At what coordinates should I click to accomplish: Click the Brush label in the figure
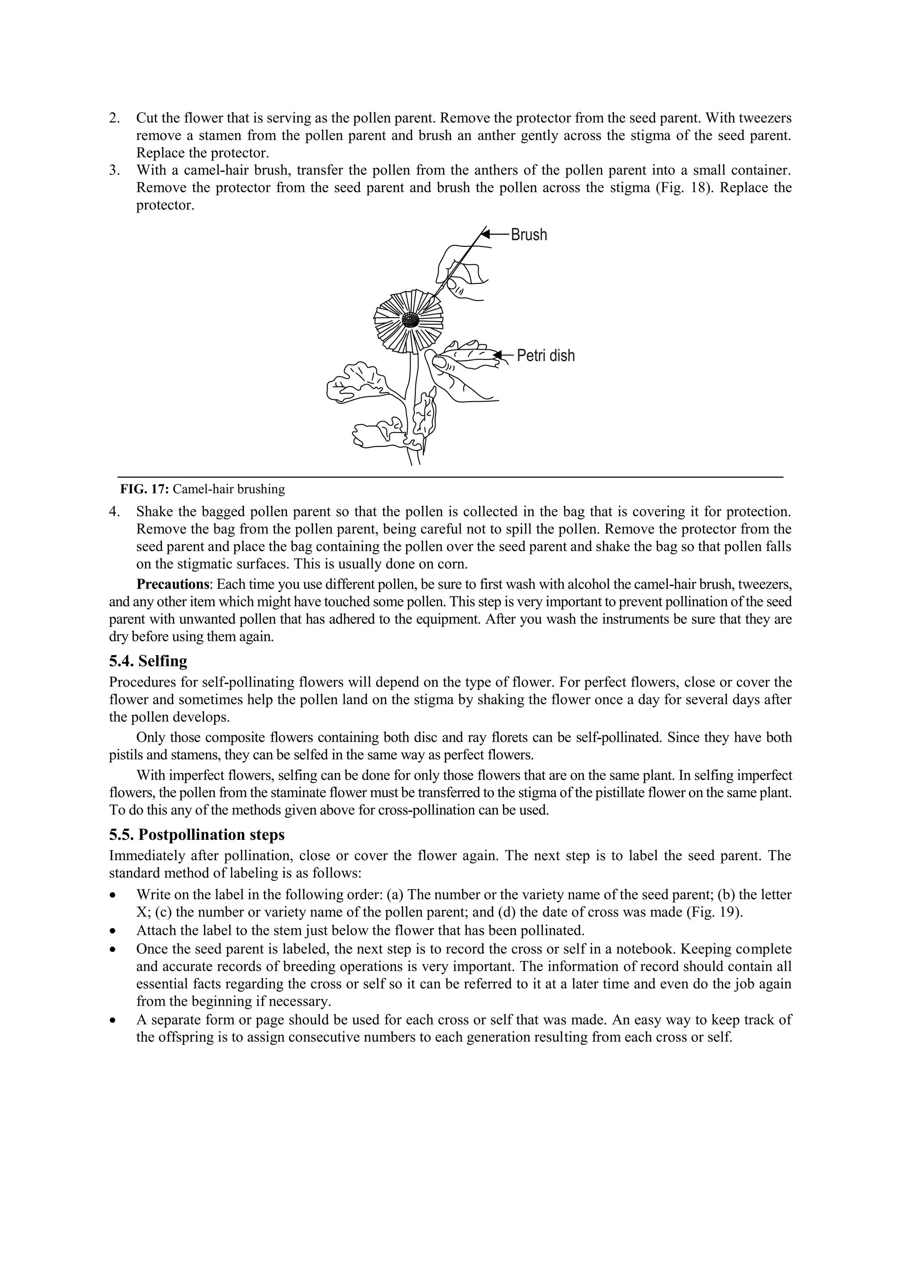[528, 235]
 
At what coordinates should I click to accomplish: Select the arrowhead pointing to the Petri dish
[498, 355]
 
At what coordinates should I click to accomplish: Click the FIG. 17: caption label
[144, 489]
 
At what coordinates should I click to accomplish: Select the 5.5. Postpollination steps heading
[197, 835]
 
